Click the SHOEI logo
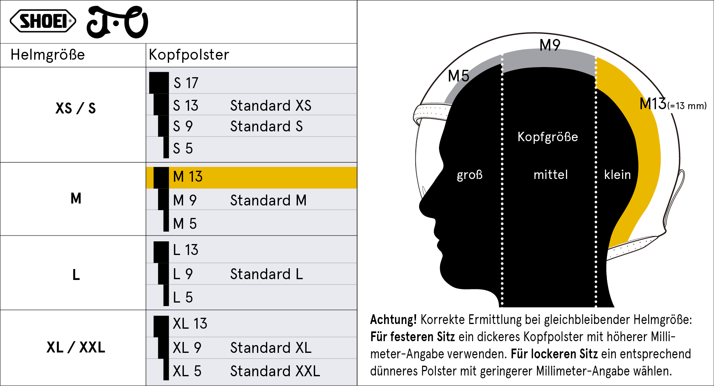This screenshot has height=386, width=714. click(x=43, y=21)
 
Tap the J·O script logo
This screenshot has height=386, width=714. click(x=117, y=22)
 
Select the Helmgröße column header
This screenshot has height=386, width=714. click(x=48, y=55)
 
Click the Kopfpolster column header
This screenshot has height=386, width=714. click(x=189, y=55)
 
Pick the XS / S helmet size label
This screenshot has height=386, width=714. click(x=76, y=108)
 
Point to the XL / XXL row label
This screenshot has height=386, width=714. click(x=76, y=347)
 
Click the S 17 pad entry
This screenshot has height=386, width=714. click(x=186, y=83)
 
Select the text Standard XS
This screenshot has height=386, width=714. click(x=271, y=105)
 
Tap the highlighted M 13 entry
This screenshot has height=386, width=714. click(x=188, y=177)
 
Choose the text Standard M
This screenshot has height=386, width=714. click(x=268, y=200)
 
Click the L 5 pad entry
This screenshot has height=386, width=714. click(x=183, y=297)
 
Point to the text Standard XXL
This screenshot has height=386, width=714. click(x=275, y=371)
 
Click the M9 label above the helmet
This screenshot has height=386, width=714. click(x=550, y=45)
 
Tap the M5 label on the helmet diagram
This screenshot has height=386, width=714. click(x=458, y=76)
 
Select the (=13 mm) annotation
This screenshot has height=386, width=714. click(x=687, y=106)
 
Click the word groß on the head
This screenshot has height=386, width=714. click(x=470, y=175)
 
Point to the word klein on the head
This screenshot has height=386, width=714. click(x=617, y=174)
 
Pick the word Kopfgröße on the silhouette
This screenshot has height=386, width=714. click(x=548, y=137)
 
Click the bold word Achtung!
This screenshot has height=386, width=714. click(x=393, y=319)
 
